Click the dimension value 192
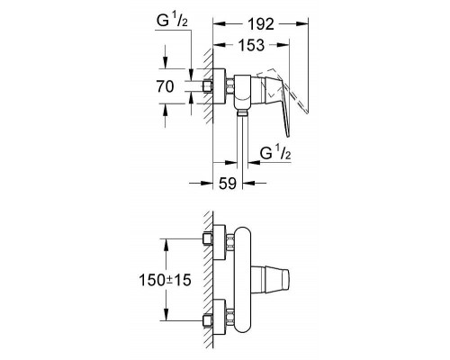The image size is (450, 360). [x=261, y=24]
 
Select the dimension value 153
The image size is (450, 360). [x=251, y=45]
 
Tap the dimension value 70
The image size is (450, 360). [x=165, y=86]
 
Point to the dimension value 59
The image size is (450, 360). [x=228, y=183]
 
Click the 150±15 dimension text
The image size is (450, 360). [x=165, y=280]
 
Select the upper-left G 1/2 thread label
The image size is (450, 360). [x=172, y=21]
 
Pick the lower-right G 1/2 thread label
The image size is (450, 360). [x=275, y=153]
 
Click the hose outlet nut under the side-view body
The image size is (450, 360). [x=242, y=112]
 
